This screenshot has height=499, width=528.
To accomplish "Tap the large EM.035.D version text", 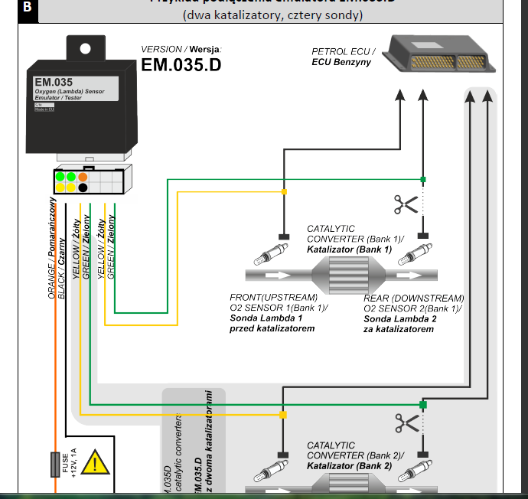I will tap(181, 65).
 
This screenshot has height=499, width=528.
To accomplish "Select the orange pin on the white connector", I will tap(83, 178).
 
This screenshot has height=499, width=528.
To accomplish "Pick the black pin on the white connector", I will tap(83, 188).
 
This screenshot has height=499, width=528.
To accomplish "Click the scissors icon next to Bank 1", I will tap(406, 204).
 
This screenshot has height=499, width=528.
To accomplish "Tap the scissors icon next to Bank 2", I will tap(406, 422).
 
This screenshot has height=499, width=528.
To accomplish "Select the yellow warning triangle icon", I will tap(95, 462).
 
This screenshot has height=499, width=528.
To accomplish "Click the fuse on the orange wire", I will tap(55, 464).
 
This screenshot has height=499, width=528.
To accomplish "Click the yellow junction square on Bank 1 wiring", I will tap(284, 192).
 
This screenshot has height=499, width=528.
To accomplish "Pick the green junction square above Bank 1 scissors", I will tap(422, 180).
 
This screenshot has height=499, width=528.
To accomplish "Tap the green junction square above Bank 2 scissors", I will tap(422, 404).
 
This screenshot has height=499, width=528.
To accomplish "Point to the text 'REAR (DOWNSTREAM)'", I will tap(413, 298).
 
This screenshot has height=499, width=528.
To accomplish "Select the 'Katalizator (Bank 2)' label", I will tap(349, 465).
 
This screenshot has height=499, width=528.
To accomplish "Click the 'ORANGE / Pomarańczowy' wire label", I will tap(53, 248).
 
